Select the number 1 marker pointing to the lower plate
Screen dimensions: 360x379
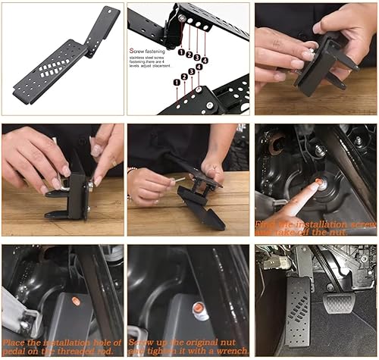177,82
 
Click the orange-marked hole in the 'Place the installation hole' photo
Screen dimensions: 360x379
76,302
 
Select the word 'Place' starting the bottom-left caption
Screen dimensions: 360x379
16,342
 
